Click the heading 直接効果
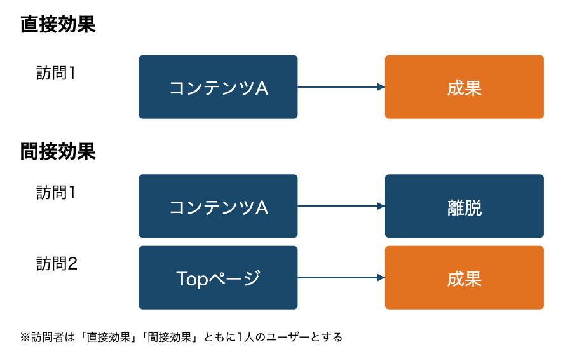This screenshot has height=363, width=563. [58, 24]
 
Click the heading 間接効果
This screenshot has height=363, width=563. [58, 151]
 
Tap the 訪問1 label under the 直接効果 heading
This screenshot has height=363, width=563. [56, 73]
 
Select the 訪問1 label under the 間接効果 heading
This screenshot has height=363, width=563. [56, 193]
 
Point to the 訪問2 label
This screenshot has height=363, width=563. [57, 264]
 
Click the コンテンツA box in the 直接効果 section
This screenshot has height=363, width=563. [219, 87]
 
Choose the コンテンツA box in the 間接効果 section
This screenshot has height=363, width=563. [219, 206]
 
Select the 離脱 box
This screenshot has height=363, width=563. [465, 206]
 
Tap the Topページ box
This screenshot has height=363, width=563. [219, 278]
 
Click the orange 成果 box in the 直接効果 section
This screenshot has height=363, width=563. [465, 87]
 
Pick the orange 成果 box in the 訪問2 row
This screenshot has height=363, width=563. [465, 278]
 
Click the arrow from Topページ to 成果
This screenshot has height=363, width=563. [341, 278]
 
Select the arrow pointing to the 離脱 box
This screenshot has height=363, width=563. [341, 206]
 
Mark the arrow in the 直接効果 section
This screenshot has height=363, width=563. [341, 87]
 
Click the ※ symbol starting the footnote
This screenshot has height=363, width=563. [25, 338]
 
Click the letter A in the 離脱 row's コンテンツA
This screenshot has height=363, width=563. [262, 207]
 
